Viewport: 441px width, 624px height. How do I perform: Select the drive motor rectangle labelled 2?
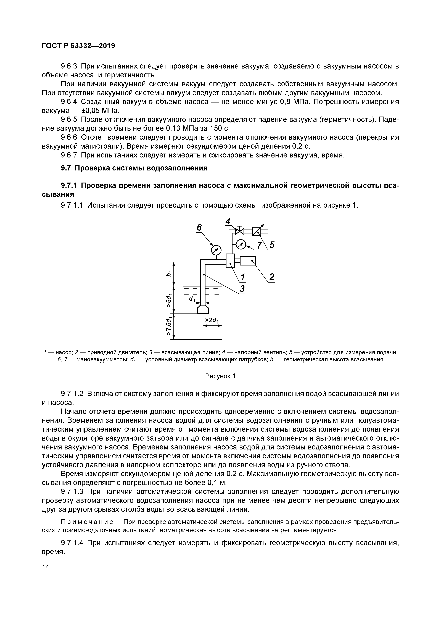[x=248, y=261]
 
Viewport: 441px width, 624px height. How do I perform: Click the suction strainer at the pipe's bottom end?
[x=203, y=309]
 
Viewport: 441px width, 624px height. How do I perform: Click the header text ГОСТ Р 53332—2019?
[x=78, y=46]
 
